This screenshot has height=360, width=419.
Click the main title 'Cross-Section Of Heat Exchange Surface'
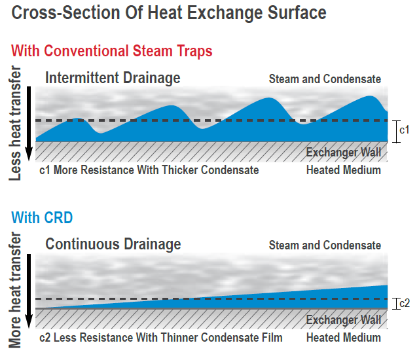tap(169, 13)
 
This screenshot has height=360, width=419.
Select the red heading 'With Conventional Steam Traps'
tap(112, 51)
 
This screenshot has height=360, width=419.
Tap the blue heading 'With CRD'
tap(42, 218)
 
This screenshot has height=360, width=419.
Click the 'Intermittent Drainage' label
tap(113, 78)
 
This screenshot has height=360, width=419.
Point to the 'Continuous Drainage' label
tap(113, 244)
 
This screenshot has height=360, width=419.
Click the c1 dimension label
tap(405, 130)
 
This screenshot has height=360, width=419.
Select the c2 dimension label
tap(405, 304)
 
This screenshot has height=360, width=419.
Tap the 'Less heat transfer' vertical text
tap(15, 123)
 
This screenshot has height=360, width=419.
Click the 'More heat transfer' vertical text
tap(15, 290)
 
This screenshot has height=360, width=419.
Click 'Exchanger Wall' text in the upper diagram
tap(343, 153)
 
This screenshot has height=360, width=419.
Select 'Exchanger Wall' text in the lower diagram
tap(343, 320)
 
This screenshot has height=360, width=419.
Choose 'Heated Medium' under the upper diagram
tap(343, 170)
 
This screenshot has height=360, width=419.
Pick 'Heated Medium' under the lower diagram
tap(343, 338)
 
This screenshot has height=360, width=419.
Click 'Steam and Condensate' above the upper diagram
tap(325, 79)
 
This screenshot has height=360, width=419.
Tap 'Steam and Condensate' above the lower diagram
tap(325, 245)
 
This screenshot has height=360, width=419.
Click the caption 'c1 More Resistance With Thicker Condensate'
tap(149, 170)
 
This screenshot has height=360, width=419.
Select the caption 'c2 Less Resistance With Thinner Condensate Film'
tap(161, 338)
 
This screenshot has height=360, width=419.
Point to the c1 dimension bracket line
tap(396, 132)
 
